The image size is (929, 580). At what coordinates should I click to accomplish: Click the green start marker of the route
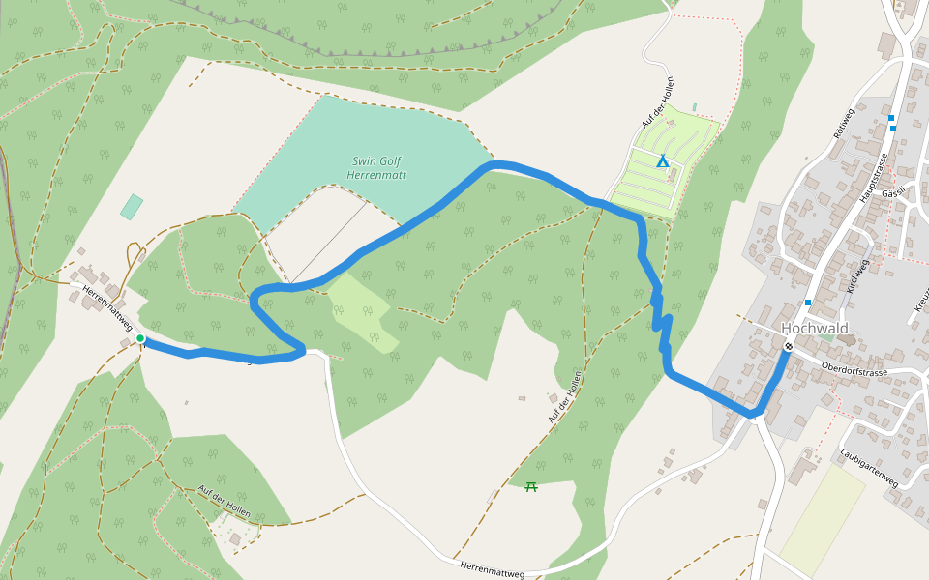coord(140,338)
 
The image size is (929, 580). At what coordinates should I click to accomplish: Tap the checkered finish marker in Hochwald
coord(790,347)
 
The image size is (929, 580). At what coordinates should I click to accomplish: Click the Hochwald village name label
coord(815,329)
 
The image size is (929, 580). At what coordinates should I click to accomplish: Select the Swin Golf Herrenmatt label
coord(377,168)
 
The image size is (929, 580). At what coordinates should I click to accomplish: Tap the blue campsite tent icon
coord(663,160)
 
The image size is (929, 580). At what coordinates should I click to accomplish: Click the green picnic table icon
coord(531,486)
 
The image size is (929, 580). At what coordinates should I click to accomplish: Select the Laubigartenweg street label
coord(870,467)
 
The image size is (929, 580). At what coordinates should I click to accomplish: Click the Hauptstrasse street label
coord(874,178)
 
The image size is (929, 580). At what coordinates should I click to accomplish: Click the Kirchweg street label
coord(854,275)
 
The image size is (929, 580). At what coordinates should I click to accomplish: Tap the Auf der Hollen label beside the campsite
coord(657,102)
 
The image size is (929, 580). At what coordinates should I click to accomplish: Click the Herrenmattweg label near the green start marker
coord(106,308)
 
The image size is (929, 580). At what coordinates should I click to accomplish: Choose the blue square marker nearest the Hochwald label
coord(808,303)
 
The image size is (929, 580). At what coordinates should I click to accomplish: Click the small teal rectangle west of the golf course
coord(132,206)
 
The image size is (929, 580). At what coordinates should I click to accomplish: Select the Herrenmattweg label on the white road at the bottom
coord(492,570)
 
